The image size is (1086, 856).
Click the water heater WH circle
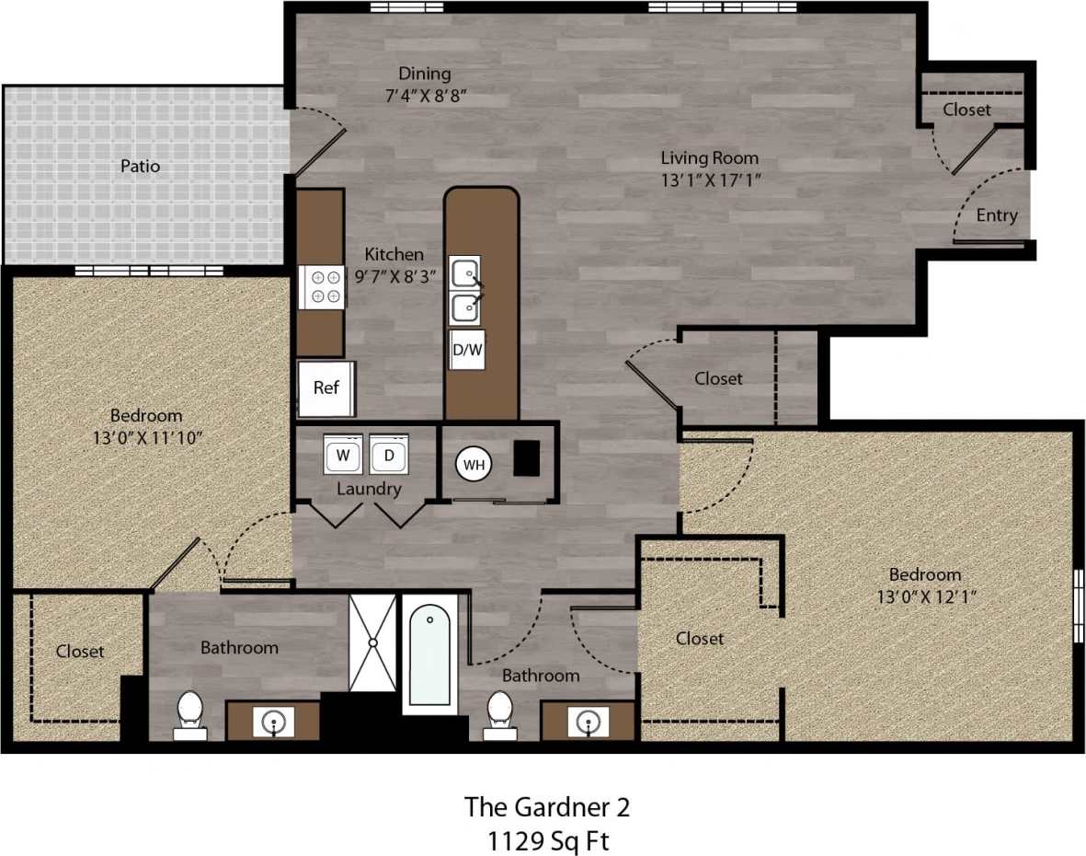pyautogui.click(x=474, y=465)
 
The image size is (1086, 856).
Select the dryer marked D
pyautogui.click(x=389, y=455)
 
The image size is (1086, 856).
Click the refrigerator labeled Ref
pyautogui.click(x=326, y=388)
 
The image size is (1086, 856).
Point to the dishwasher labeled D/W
pyautogui.click(x=467, y=350)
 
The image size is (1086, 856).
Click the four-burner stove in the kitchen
pyautogui.click(x=322, y=285)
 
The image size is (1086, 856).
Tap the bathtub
pyautogui.click(x=429, y=654)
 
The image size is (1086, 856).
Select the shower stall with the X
pyautogui.click(x=372, y=642)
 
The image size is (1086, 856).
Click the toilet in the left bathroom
pyautogui.click(x=190, y=713)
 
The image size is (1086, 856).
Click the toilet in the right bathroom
pyautogui.click(x=500, y=713)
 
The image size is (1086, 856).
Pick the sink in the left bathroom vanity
pyautogui.click(x=273, y=721)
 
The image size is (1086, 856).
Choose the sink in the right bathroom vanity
pyautogui.click(x=588, y=721)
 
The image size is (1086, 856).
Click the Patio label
pyautogui.click(x=140, y=167)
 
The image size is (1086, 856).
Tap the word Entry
pyautogui.click(x=997, y=215)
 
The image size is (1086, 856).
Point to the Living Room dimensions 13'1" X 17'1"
pyautogui.click(x=710, y=180)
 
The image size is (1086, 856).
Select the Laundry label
pyautogui.click(x=369, y=489)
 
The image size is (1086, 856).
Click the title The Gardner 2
pyautogui.click(x=547, y=807)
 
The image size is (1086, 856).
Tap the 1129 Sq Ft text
pyautogui.click(x=547, y=840)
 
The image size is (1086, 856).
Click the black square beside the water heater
pyautogui.click(x=526, y=458)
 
